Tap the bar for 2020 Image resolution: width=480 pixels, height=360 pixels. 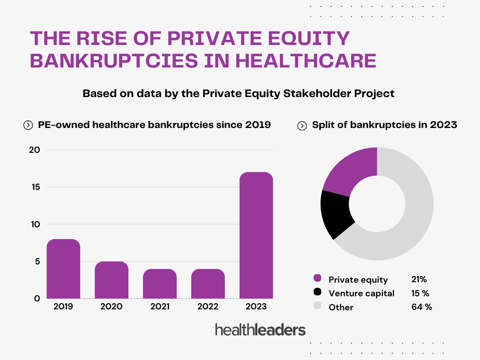[x=112, y=280]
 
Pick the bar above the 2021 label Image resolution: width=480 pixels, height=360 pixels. [x=160, y=284]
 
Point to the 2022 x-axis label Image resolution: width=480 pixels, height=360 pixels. [x=208, y=307]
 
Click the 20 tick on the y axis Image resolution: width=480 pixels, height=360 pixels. [x=36, y=150]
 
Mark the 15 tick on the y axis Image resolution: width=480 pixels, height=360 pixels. [x=36, y=187]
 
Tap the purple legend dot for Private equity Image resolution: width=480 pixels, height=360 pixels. [x=318, y=279]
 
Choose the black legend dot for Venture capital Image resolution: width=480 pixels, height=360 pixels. [x=318, y=292]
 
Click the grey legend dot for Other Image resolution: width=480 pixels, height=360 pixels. [x=318, y=307]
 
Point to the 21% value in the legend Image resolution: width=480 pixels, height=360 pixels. [x=419, y=279]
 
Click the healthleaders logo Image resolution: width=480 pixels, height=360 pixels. [x=260, y=330]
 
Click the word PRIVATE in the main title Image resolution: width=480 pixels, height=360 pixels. [x=211, y=38]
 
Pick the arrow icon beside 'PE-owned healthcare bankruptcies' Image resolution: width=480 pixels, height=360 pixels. [x=28, y=125]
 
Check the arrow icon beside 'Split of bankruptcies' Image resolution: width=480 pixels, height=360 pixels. [x=302, y=126]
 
